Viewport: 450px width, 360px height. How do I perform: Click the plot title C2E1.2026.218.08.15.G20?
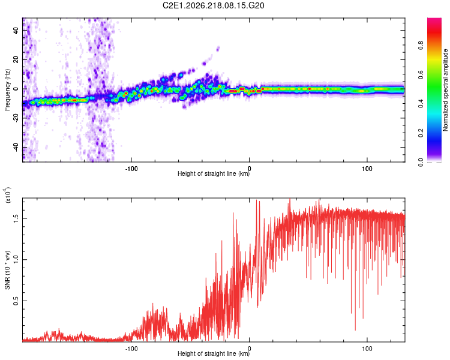click(213, 5)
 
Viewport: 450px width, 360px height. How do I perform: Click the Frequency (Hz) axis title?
click(7, 89)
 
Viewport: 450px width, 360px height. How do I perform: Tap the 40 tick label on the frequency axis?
click(16, 30)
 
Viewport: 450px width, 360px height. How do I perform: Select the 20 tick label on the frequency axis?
click(16, 59)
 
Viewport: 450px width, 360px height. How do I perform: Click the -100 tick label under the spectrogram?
click(131, 169)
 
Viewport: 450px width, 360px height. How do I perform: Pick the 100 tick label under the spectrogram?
click(367, 169)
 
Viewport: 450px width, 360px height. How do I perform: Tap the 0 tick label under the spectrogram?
click(249, 169)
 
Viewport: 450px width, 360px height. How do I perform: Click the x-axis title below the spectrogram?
click(214, 173)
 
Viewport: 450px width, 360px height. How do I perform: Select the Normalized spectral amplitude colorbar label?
click(445, 90)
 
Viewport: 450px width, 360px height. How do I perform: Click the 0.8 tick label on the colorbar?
click(421, 45)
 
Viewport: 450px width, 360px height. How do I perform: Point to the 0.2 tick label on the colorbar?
click(421, 133)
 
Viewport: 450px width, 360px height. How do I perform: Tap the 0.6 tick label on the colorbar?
click(421, 74)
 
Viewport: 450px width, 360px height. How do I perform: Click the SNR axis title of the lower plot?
click(7, 270)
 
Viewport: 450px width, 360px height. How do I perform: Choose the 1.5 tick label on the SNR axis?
click(16, 218)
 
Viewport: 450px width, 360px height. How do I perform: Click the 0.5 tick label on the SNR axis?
click(16, 301)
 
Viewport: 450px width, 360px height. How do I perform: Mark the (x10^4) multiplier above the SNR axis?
click(8, 195)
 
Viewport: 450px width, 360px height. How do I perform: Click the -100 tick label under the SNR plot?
click(131, 349)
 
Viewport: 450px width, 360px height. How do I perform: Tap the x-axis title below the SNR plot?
click(214, 353)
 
